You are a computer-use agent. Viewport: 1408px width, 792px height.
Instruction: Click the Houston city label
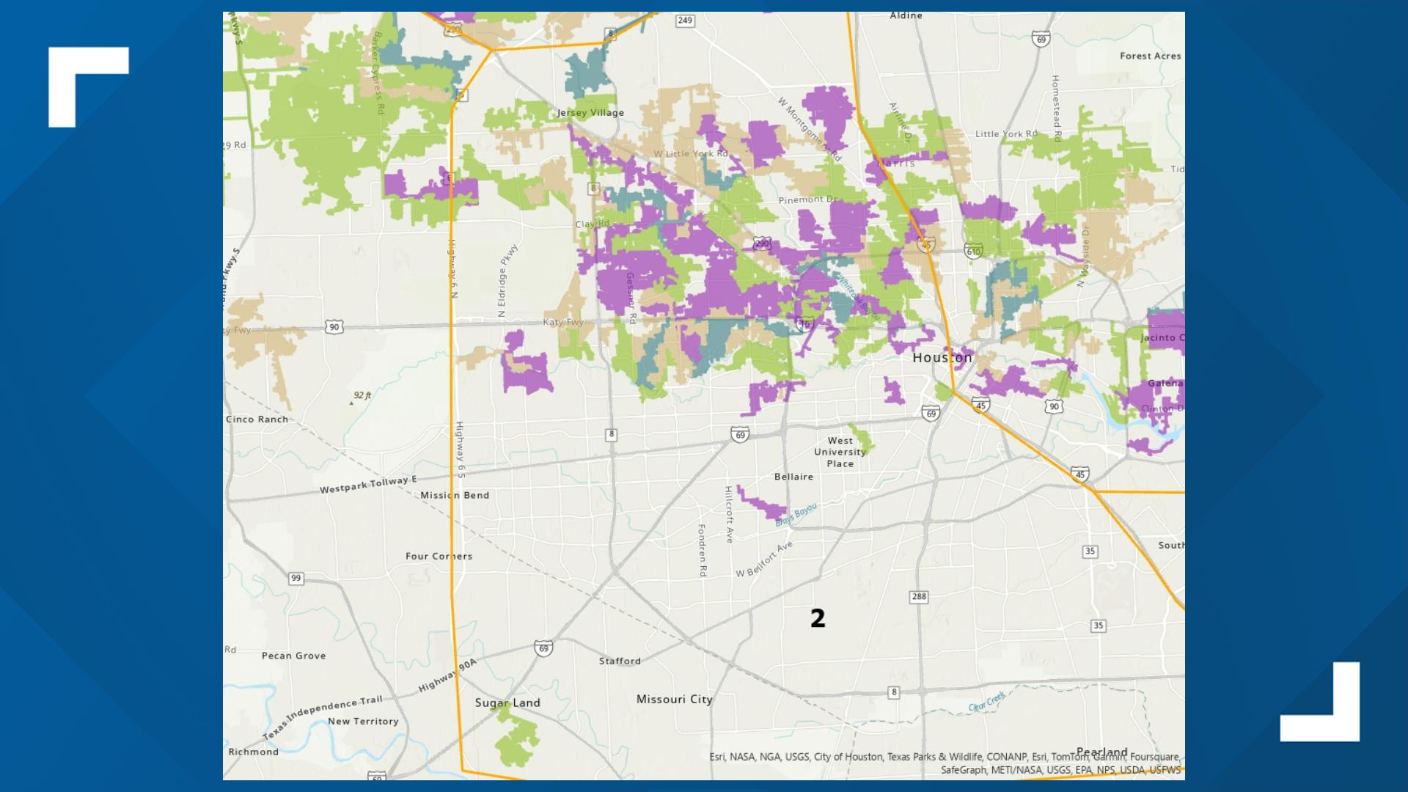tap(942, 358)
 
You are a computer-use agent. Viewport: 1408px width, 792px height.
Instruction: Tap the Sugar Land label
tap(507, 703)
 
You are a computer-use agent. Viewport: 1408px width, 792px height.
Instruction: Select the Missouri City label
tap(674, 700)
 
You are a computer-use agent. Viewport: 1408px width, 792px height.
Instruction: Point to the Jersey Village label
tap(590, 113)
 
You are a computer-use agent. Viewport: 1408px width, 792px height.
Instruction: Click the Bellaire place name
tap(793, 477)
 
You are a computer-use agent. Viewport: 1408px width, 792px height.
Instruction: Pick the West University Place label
tap(840, 452)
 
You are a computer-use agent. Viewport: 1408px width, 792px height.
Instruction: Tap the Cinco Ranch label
tap(257, 419)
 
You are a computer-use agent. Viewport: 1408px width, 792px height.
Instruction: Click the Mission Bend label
tap(455, 496)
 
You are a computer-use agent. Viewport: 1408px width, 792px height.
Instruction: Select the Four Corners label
tap(439, 557)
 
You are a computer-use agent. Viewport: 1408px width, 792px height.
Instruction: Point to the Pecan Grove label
tap(293, 656)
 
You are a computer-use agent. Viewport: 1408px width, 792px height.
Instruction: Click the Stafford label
tap(620, 661)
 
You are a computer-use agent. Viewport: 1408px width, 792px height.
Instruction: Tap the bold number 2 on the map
tap(818, 619)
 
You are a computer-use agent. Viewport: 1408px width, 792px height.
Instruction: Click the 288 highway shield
tap(919, 597)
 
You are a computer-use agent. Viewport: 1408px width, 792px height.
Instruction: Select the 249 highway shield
tap(685, 21)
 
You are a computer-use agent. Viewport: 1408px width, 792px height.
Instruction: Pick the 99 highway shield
tap(296, 579)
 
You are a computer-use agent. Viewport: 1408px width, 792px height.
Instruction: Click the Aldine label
tap(906, 15)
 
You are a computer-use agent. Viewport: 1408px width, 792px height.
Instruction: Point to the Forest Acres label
tap(1150, 56)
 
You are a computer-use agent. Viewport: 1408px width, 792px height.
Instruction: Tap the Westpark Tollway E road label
tap(367, 485)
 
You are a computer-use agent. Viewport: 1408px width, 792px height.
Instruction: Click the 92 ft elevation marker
tap(362, 396)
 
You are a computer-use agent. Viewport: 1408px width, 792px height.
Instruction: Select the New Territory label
tap(363, 722)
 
